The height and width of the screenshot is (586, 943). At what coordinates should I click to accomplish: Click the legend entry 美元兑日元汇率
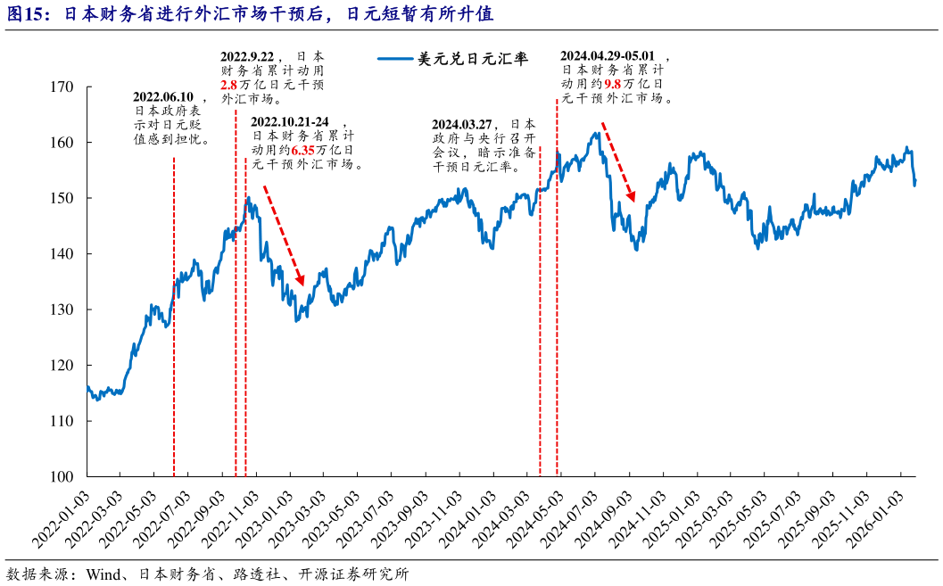(x=473, y=60)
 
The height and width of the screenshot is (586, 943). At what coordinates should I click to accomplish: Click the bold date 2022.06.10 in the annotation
(x=163, y=97)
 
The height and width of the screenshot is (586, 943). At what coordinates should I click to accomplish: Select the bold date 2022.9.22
(x=250, y=56)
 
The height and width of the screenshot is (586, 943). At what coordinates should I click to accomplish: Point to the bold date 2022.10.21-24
(x=289, y=122)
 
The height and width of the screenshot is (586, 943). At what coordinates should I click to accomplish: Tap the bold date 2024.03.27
(x=462, y=124)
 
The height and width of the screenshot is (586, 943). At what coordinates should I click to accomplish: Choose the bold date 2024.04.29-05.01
(x=613, y=54)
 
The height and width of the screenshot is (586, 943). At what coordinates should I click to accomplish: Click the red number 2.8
(x=228, y=85)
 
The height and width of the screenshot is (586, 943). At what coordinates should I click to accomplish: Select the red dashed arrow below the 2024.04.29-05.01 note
(x=617, y=161)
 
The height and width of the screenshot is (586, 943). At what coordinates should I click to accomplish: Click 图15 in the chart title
(x=23, y=14)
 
